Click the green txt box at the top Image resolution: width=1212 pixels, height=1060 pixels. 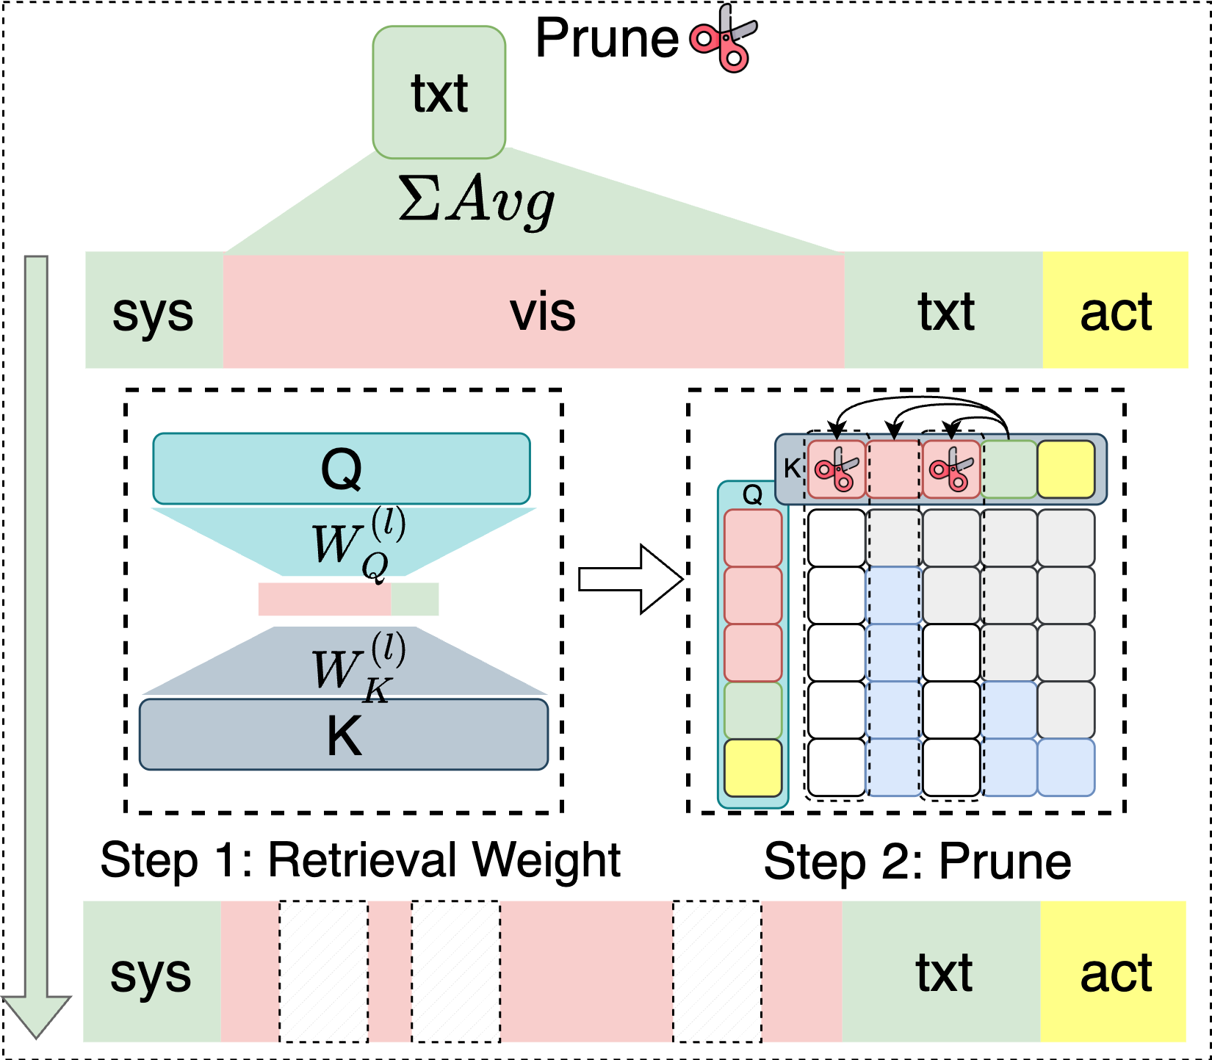(439, 93)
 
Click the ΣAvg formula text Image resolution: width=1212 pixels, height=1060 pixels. (476, 199)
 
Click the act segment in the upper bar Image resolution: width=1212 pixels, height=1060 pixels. (1114, 311)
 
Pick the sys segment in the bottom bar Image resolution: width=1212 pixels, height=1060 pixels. (151, 972)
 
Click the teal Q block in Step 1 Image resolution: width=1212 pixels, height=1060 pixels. (342, 469)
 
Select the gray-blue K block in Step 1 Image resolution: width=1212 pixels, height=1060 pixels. (344, 735)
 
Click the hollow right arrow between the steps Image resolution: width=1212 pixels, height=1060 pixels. (630, 579)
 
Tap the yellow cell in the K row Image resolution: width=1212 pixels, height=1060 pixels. (1066, 469)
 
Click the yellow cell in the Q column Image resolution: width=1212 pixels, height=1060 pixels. (753, 768)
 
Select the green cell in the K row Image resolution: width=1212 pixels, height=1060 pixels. (1009, 469)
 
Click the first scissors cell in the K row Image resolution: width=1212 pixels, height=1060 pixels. (836, 469)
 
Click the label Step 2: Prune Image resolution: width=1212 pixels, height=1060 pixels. (917, 861)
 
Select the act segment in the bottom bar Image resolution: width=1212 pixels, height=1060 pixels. (1114, 972)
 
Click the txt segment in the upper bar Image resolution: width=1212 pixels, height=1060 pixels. (945, 311)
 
